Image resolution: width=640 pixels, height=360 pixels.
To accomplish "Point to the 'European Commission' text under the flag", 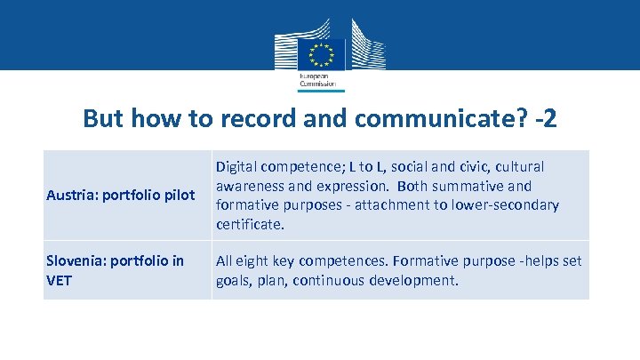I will [x=315, y=80].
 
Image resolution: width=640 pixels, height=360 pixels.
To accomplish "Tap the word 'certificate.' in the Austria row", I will [x=251, y=225].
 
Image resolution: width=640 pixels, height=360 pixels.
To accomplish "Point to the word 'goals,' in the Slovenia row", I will [x=234, y=281].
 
